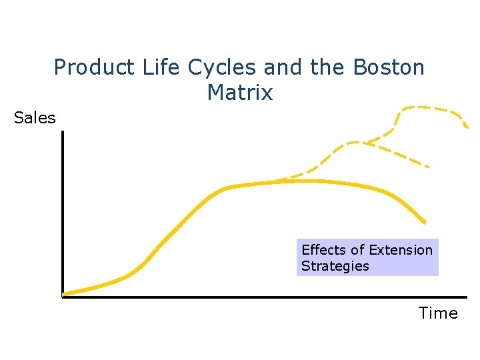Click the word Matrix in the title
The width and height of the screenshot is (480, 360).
[240, 93]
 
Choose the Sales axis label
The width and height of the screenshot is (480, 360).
[35, 118]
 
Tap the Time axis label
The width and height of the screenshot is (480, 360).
[438, 313]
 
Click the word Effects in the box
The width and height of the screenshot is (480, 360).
[324, 250]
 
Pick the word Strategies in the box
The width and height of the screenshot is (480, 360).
[335, 266]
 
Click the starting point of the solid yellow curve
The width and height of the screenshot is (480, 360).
[63, 293]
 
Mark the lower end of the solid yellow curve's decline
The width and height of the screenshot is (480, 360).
[425, 221]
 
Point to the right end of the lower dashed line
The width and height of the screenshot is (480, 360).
[427, 166]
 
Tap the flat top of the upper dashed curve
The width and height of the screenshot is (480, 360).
[427, 108]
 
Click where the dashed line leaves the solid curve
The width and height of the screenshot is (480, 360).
[277, 181]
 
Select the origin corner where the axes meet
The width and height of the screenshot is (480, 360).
[62, 297]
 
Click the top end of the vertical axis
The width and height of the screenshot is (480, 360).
[62, 132]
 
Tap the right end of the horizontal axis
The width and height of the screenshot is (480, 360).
[466, 297]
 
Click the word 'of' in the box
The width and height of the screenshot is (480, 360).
[358, 250]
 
